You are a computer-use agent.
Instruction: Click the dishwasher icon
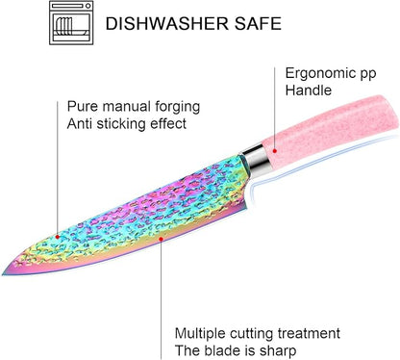pyautogui.click(x=71, y=23)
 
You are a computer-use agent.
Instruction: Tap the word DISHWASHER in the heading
pyautogui.click(x=167, y=24)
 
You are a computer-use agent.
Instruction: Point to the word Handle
pyautogui.click(x=309, y=90)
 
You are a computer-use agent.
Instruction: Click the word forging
pyautogui.click(x=178, y=107)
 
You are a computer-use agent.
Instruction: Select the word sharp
pyautogui.click(x=278, y=351)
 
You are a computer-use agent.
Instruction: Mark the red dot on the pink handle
pyautogui.click(x=275, y=150)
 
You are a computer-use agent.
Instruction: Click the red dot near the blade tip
pyautogui.click(x=58, y=237)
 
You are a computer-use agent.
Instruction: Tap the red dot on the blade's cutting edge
pyautogui.click(x=161, y=239)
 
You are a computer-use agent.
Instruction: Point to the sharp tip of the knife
pyautogui.click(x=3, y=274)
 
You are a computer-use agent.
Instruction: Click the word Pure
pyautogui.click(x=83, y=107)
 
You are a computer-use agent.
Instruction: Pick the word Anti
pyautogui.click(x=80, y=124)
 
